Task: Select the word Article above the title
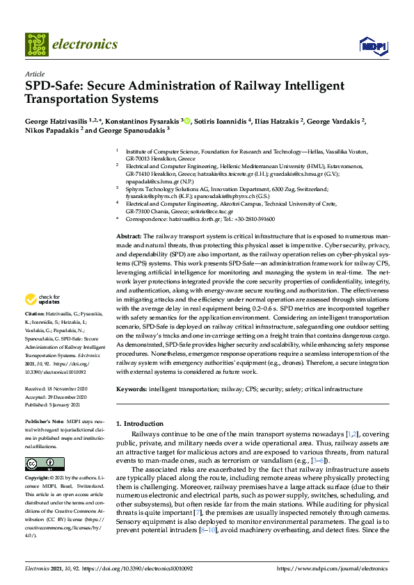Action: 35,74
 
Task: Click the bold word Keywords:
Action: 132,390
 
